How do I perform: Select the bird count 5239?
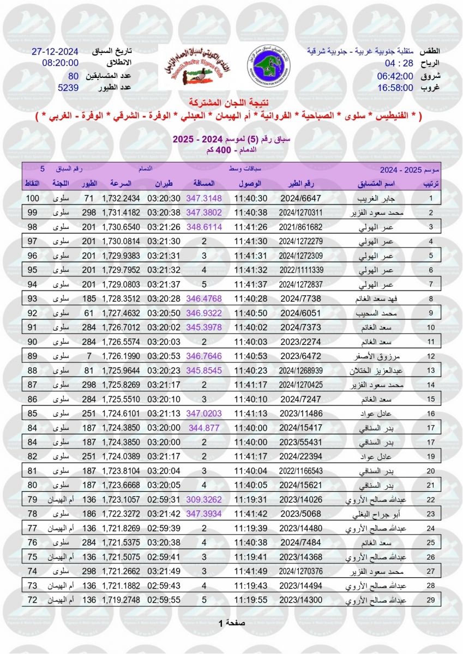(x=69, y=87)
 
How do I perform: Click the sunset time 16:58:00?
(x=397, y=87)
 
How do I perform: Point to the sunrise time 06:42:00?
(x=397, y=75)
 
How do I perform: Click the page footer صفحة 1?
(x=232, y=622)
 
